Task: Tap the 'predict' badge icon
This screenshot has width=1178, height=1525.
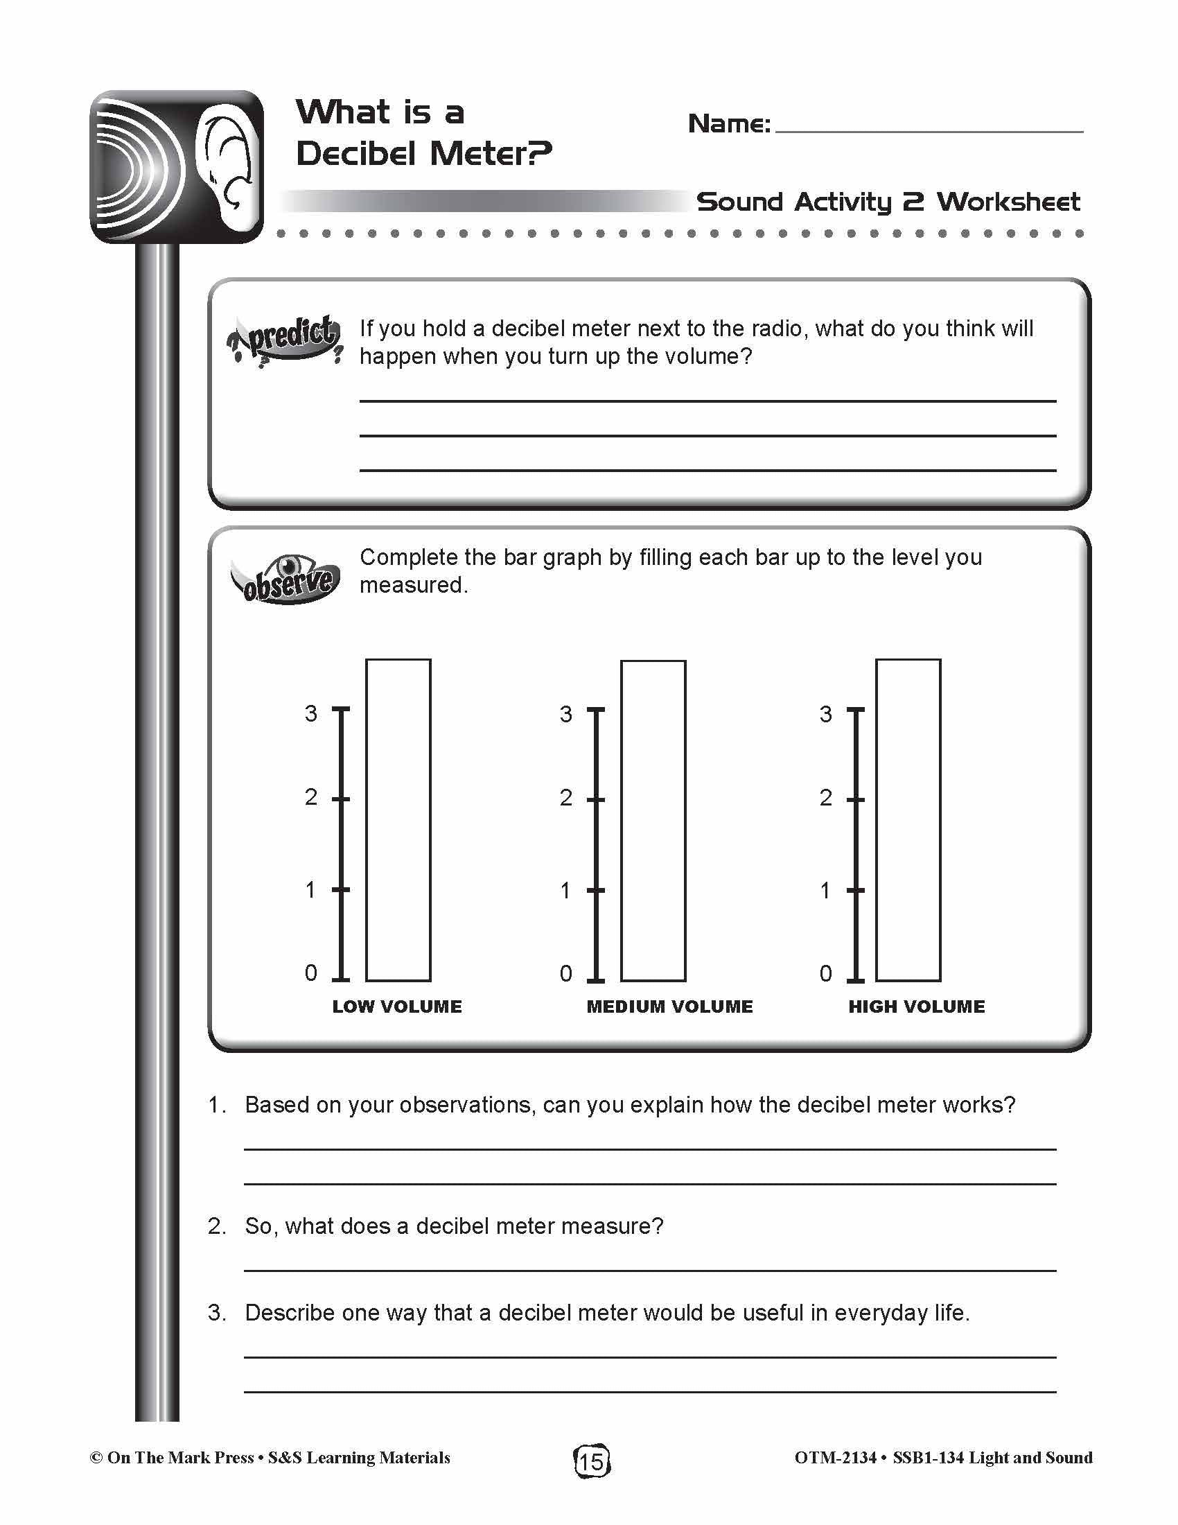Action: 286,340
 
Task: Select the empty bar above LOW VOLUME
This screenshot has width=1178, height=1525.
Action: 398,820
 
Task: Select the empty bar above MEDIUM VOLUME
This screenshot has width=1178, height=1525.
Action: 653,820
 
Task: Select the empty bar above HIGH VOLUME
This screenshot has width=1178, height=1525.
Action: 908,820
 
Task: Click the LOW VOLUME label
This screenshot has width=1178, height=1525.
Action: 397,1007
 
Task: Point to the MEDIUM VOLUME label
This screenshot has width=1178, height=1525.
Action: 669,1007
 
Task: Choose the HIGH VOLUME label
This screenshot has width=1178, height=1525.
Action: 916,1007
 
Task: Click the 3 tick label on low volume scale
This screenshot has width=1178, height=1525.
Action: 310,713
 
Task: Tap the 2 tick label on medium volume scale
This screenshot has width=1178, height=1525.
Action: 566,797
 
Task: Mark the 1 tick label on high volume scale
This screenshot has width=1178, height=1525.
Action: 825,890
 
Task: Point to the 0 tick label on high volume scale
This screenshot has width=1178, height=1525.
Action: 825,973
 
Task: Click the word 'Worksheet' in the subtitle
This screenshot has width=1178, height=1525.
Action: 1008,202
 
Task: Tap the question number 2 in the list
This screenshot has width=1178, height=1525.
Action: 216,1226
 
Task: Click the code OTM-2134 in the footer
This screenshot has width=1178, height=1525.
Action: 835,1458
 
